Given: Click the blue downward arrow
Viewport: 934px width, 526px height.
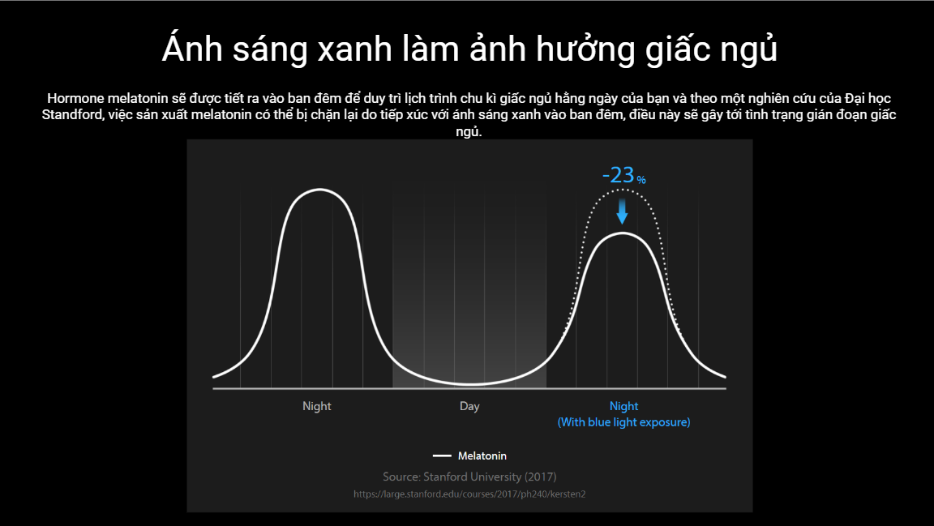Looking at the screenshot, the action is [622, 212].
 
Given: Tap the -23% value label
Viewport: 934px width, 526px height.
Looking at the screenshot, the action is [623, 175].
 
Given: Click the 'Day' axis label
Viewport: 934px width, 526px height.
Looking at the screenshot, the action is [469, 406].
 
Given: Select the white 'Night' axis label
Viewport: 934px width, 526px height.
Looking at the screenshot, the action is [316, 406].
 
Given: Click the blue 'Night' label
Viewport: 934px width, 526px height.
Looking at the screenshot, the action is [623, 406].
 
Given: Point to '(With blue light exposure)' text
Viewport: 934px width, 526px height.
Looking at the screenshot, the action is [623, 422].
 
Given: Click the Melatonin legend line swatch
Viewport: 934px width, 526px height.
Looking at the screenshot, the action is [442, 455].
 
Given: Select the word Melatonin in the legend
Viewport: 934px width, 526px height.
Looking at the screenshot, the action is [482, 455].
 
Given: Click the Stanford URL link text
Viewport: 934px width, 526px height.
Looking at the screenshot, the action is [469, 494].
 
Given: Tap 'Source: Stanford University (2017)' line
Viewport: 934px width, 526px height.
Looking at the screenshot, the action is [469, 477].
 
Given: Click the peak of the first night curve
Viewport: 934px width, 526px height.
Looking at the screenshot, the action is [319, 190].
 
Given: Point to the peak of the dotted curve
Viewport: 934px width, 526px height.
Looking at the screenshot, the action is [622, 190].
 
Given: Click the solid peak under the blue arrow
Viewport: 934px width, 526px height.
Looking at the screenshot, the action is [622, 233].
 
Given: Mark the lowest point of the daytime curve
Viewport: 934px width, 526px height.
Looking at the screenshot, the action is [469, 385].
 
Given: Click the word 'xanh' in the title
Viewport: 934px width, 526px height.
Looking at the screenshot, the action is [354, 49].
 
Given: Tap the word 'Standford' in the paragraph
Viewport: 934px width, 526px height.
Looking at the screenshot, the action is [71, 114].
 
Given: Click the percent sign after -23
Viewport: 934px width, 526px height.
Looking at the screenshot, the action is [641, 179].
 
